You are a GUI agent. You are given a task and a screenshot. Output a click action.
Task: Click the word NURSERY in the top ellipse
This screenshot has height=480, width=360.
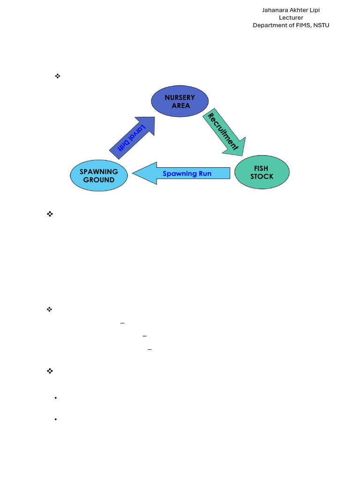click(180, 97)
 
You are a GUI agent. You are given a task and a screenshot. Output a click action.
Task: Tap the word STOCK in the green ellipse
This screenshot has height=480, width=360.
click(262, 177)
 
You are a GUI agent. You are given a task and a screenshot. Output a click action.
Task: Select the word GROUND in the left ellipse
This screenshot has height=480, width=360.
click(99, 180)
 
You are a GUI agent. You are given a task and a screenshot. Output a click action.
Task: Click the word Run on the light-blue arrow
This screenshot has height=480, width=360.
click(205, 173)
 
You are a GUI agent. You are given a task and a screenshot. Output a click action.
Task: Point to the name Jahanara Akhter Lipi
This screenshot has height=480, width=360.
click(291, 10)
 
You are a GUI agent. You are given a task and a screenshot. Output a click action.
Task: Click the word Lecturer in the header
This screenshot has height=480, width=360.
click(291, 18)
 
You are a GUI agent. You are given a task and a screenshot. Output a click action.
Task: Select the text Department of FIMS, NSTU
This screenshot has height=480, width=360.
click(291, 25)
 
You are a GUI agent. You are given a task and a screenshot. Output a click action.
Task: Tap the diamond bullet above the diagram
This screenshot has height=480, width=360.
click(58, 75)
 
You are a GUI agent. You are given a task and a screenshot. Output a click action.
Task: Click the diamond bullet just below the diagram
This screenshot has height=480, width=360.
click(50, 214)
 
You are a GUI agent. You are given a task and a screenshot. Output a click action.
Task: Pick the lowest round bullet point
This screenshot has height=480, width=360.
click(56, 419)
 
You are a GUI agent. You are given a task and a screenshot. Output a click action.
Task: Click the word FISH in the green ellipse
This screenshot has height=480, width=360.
click(261, 168)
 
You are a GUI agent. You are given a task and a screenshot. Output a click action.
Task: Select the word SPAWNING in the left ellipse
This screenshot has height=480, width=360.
click(99, 172)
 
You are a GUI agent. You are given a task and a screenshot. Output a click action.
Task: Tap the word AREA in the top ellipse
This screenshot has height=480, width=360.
click(180, 105)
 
